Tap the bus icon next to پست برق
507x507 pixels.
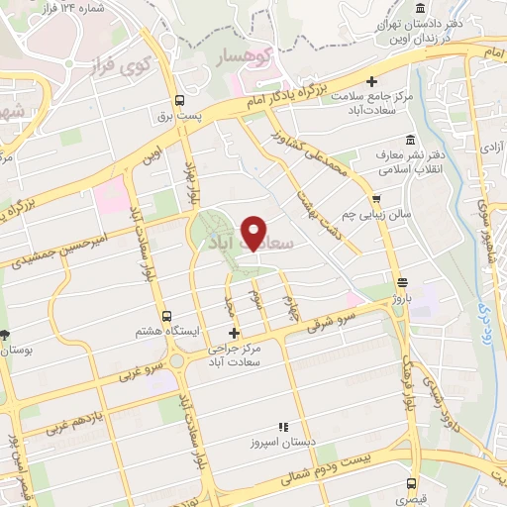pos(179,100)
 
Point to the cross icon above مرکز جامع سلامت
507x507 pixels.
pos(371,82)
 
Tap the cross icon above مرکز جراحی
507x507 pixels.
pos(234,333)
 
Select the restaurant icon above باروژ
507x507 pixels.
pos(400,282)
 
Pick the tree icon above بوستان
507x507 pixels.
pos(5,335)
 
